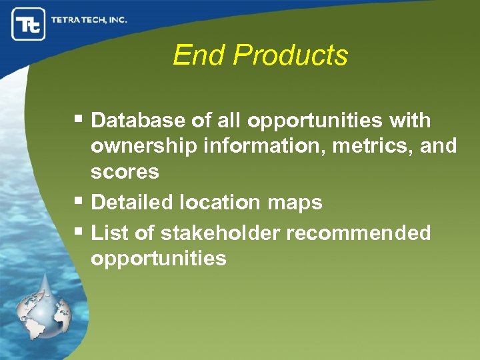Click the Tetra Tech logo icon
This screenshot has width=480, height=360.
(x=29, y=24)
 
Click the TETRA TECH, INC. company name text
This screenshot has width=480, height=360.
(x=89, y=20)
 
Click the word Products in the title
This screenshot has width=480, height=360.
(x=291, y=55)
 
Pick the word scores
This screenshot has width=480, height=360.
(x=125, y=171)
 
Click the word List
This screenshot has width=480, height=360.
(x=107, y=233)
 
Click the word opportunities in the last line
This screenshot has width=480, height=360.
(x=159, y=258)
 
